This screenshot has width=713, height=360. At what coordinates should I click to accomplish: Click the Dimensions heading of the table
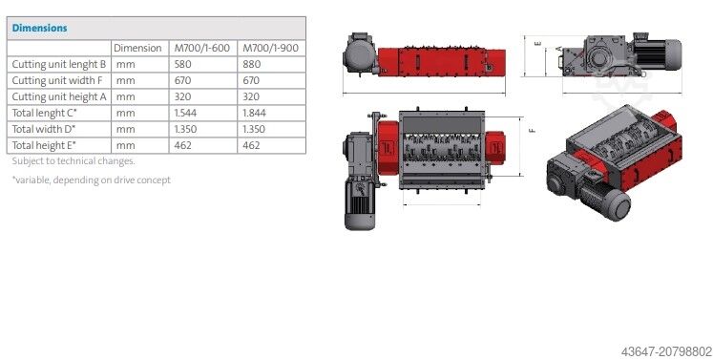pos(39,28)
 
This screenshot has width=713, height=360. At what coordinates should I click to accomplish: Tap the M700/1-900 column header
pos(271,48)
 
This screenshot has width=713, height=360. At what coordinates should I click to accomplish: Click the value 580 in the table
pos(184,64)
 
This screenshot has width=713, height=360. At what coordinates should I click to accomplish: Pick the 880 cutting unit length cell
pos(253,64)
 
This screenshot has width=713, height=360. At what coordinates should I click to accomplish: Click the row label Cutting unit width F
pos(56,80)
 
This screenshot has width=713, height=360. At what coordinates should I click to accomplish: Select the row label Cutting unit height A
pos(58,96)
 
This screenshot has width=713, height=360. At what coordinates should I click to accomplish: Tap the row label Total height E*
pos(44,145)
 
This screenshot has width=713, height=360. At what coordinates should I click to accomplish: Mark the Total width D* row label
pos(44,129)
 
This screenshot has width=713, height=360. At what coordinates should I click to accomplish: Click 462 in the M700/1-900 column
pos(253,145)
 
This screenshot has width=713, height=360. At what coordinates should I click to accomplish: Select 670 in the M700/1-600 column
pos(184,80)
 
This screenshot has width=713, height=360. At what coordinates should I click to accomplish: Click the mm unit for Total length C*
pos(124,113)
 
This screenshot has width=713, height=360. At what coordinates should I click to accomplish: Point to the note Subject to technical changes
pos(73,160)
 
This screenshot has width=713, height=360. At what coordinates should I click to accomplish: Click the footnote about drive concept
pos(91,180)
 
